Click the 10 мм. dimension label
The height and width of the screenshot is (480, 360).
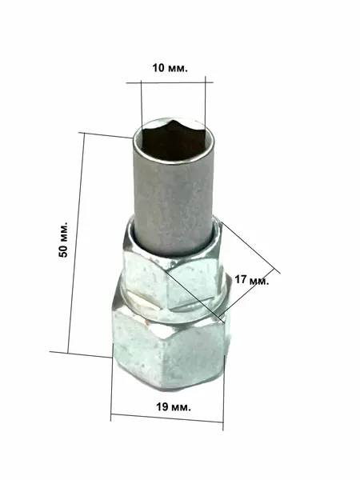170,68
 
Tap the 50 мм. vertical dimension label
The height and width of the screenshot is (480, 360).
63,238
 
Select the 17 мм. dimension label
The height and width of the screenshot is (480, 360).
252,279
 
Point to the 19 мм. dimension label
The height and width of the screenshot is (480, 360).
174,407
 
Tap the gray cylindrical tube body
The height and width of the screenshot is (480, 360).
174,196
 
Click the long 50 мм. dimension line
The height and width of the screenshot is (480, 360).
76,243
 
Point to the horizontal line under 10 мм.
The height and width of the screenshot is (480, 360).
170,82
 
